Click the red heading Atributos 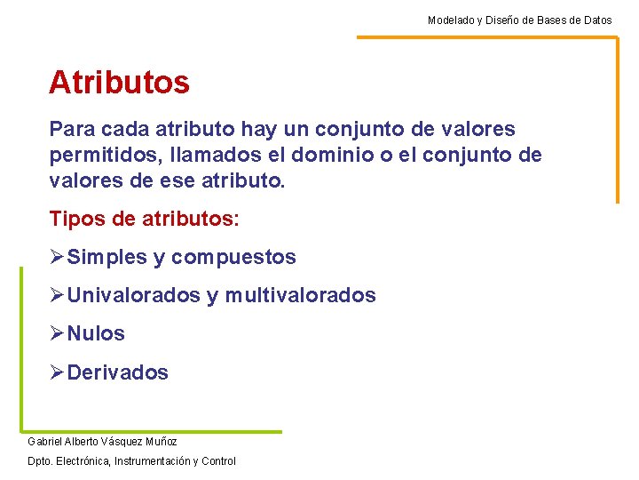119,83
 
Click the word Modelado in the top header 449,20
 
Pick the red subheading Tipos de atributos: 145,219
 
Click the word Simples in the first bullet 107,258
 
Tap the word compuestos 233,258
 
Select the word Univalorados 134,295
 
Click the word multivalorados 300,295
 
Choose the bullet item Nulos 96,334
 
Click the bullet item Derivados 117,373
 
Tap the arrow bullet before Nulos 58,334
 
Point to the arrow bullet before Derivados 58,373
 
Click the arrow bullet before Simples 58,258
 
